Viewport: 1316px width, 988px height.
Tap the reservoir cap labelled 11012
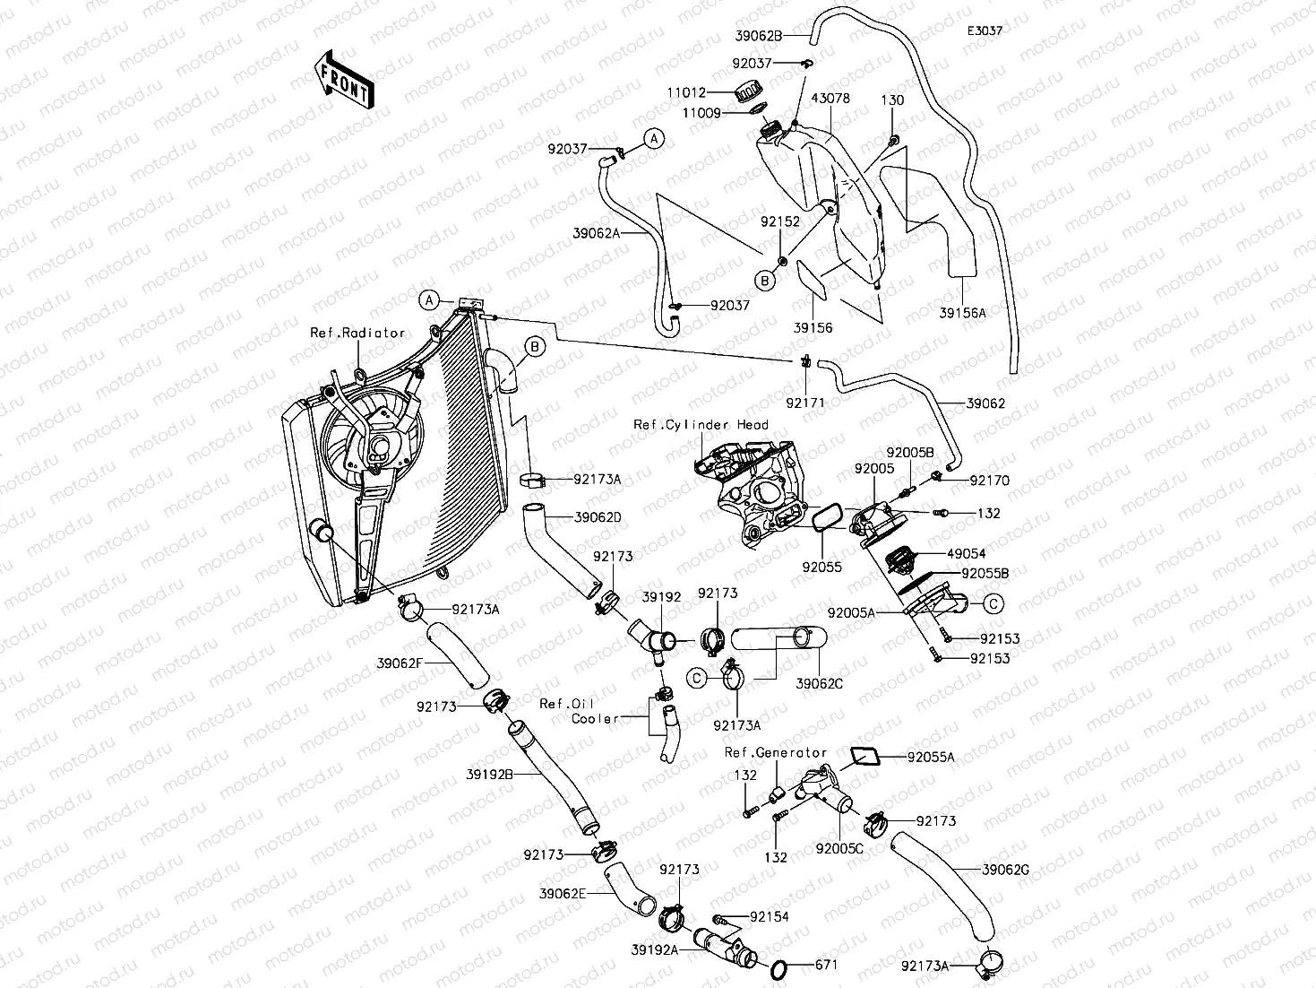click(x=746, y=91)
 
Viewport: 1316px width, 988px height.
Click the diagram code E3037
click(x=984, y=30)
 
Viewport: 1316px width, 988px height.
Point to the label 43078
click(x=830, y=99)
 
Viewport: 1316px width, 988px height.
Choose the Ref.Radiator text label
click(x=357, y=333)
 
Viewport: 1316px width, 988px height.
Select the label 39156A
click(x=962, y=313)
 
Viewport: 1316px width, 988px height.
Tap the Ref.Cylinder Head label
click(x=701, y=425)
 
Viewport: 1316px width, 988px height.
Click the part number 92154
click(x=770, y=916)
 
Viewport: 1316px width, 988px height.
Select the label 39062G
click(x=1005, y=869)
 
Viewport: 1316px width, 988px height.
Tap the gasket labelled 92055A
click(x=862, y=755)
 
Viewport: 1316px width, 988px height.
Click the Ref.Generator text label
click(x=776, y=752)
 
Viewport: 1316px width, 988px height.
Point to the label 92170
click(x=989, y=481)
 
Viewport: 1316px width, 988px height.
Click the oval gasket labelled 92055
click(x=825, y=518)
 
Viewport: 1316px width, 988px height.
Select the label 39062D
click(x=598, y=517)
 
